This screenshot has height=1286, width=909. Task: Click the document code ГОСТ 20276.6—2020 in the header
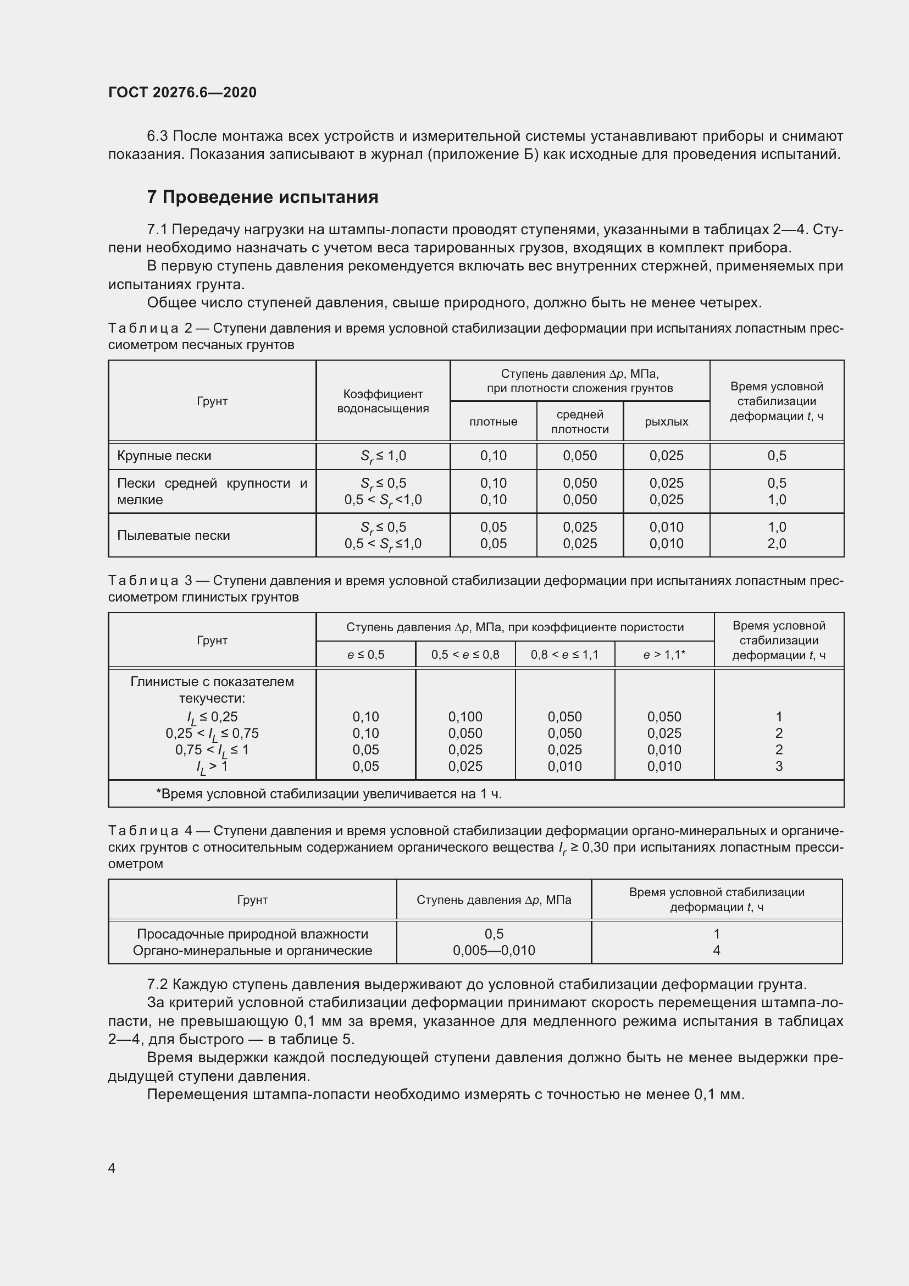[x=182, y=92]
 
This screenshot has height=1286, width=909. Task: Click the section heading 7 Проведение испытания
[x=263, y=197]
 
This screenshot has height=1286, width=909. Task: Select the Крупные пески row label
[x=164, y=456]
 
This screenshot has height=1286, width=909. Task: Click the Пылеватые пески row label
[x=174, y=536]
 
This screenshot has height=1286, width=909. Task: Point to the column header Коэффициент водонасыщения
[x=383, y=401]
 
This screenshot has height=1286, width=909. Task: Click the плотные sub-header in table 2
[x=493, y=422]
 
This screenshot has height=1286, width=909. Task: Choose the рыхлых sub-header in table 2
[x=666, y=422]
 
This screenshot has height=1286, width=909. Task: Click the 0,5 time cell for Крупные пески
[x=777, y=456]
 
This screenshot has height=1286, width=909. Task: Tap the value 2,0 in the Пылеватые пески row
[x=777, y=544]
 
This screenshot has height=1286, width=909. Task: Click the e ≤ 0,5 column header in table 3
[x=365, y=655]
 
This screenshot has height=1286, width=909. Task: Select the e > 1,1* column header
[x=664, y=655]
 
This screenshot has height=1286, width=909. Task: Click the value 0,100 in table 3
[x=465, y=717]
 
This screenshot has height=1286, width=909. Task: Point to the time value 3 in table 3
[x=779, y=766]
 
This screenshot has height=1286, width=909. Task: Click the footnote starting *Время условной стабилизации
[x=329, y=794]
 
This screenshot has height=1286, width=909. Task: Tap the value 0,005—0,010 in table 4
[x=494, y=951]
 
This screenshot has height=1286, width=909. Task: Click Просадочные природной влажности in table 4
[x=252, y=934]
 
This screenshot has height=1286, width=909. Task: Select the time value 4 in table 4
[x=717, y=951]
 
